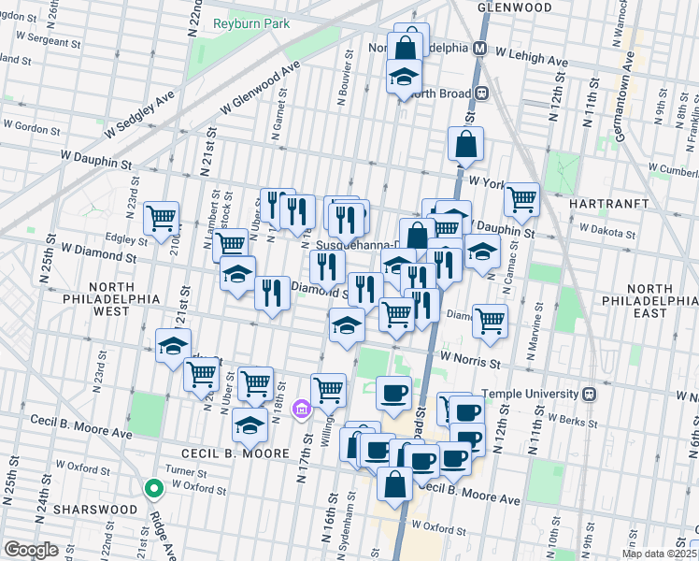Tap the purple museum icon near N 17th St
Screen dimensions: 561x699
301,410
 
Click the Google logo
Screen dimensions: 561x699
32,550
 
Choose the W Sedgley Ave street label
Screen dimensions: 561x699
140,115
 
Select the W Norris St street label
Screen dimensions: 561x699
472,357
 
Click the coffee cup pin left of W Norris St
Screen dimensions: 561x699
393,392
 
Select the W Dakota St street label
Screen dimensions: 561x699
606,227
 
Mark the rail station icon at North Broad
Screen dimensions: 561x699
483,93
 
